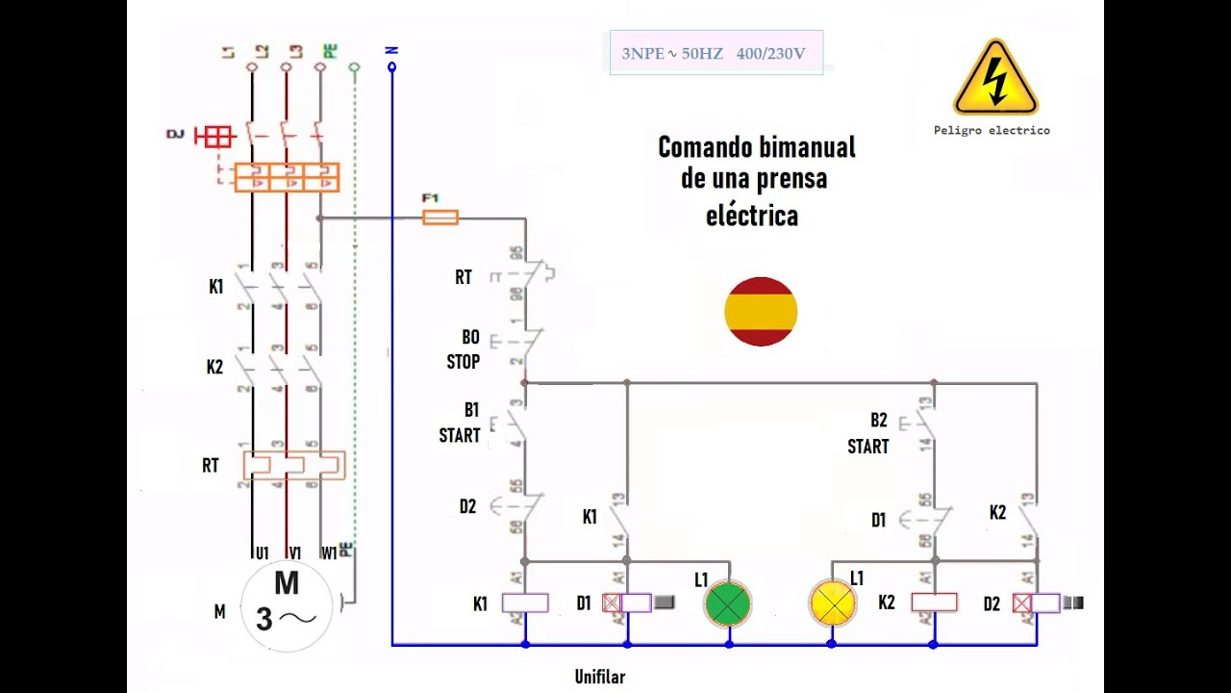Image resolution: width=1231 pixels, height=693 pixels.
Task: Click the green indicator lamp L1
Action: pos(728,603)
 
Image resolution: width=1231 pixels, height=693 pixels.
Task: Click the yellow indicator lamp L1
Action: pos(832,603)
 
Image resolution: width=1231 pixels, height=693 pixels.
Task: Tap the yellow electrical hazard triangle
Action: pos(995,79)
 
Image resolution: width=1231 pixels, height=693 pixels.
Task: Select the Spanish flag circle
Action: pos(761,311)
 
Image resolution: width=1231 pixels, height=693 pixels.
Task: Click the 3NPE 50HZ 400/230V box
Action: pos(716,53)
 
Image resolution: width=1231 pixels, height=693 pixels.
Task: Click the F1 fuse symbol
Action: pos(440,218)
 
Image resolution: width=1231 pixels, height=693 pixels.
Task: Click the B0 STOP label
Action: pos(465,349)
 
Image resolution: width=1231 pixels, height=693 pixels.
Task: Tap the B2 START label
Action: pos(868,433)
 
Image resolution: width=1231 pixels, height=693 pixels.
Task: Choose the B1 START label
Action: pos(461,423)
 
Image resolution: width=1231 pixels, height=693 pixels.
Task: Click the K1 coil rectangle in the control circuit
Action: pos(526,603)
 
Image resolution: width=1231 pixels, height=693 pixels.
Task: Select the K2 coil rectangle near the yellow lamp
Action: pos(934,603)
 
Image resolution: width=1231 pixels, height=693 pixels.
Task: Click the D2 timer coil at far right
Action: pos(1043,603)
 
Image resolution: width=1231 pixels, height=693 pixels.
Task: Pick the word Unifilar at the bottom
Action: pos(600,677)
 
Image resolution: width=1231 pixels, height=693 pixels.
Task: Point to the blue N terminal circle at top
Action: pos(391,67)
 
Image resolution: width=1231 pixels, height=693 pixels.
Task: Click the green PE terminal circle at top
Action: pos(354,67)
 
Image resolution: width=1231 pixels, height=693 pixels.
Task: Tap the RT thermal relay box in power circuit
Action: pos(293,465)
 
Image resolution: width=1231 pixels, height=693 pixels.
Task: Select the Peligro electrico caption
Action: pos(992,130)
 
